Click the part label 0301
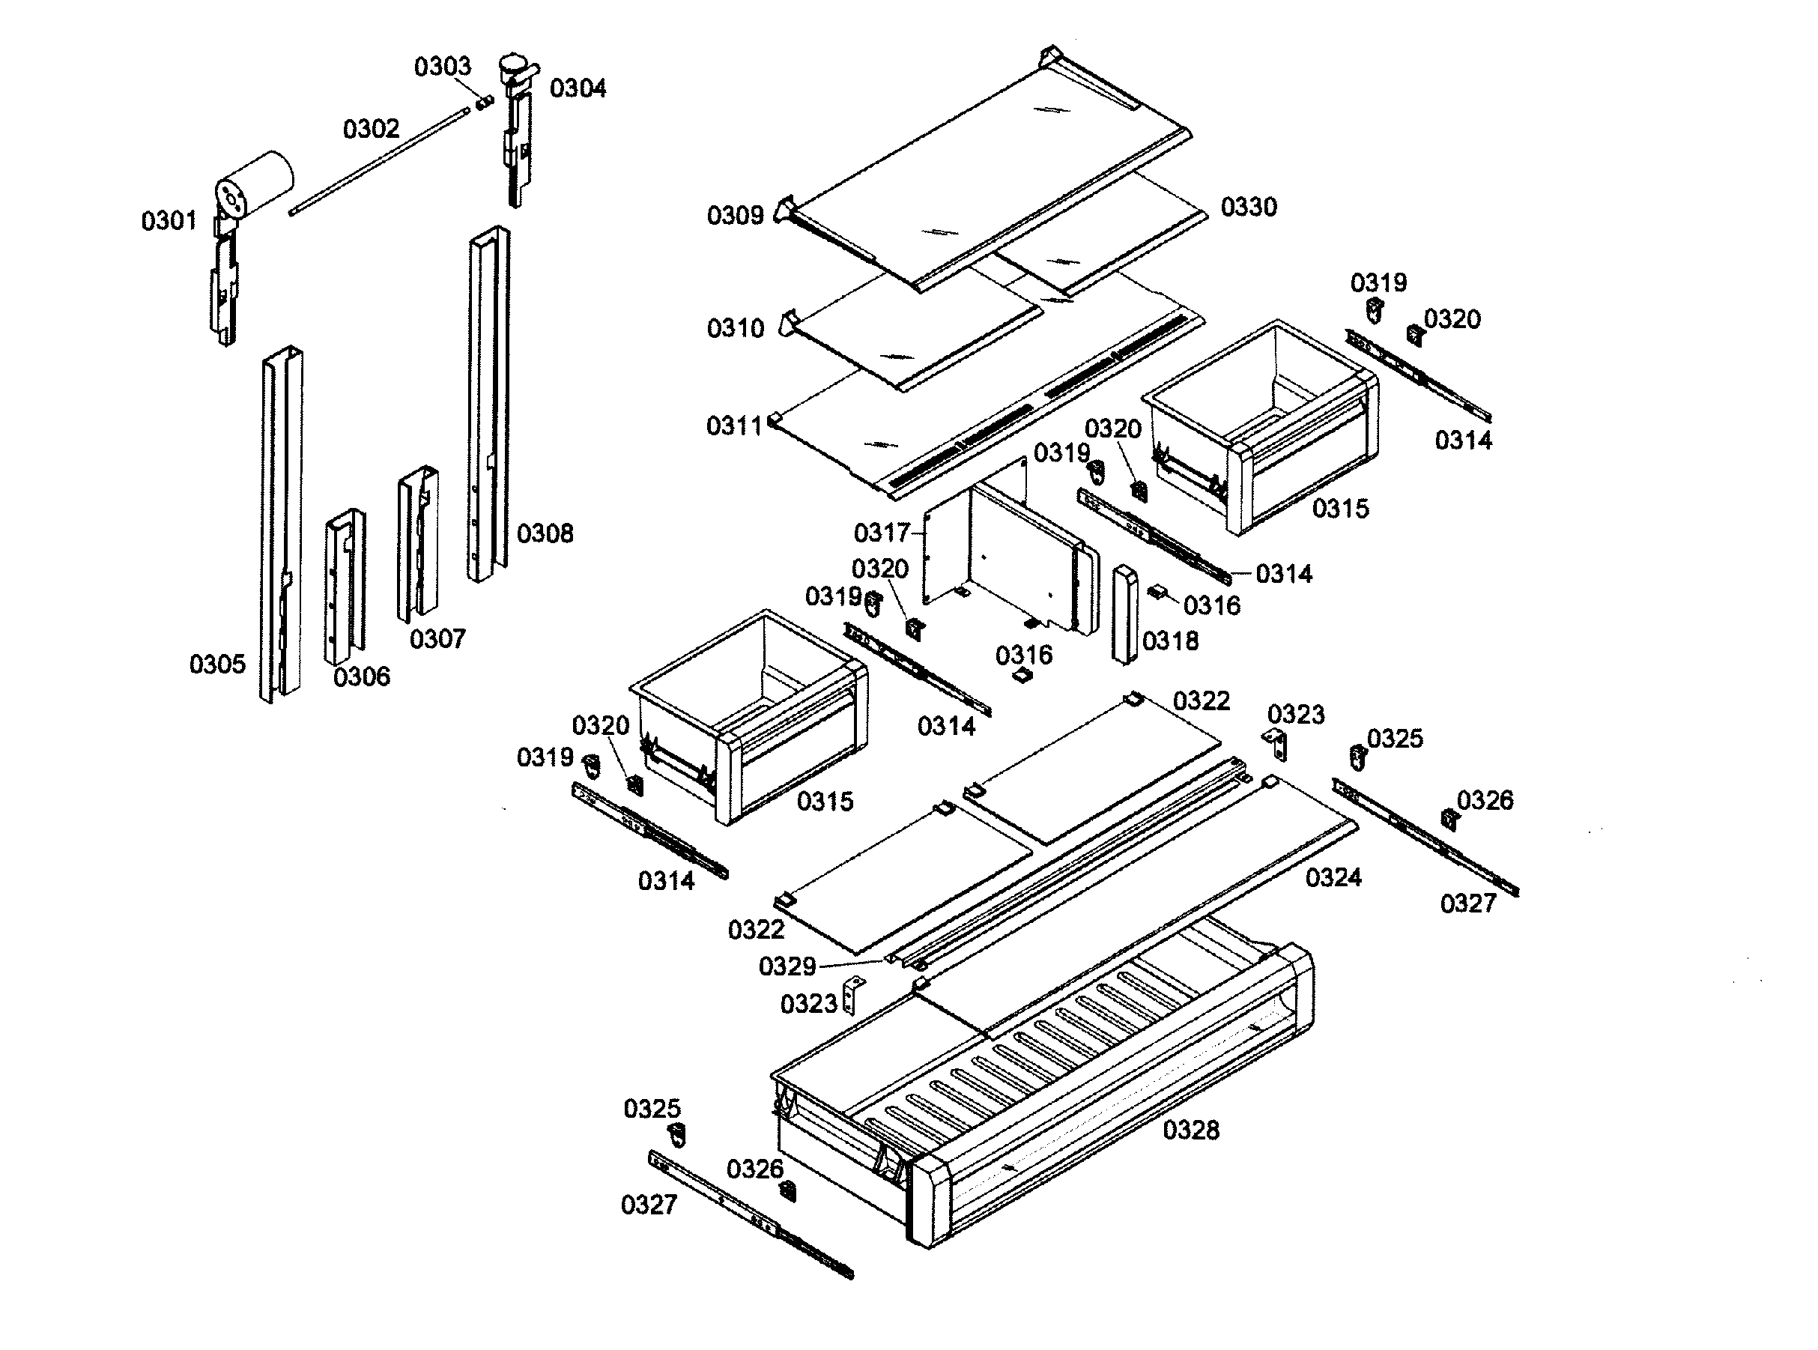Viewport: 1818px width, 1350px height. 169,221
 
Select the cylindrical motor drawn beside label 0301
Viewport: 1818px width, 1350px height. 255,181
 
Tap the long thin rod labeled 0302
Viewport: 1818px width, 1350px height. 384,163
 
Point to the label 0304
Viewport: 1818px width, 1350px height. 578,88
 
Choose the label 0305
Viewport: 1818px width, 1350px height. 217,665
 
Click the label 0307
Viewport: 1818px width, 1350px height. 437,639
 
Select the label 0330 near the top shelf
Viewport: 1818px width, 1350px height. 1249,207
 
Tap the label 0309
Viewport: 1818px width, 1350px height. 736,216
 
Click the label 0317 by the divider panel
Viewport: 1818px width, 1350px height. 881,533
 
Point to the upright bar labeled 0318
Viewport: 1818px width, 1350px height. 1125,613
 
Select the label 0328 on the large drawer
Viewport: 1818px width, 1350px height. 1190,1130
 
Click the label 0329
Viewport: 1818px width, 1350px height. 787,966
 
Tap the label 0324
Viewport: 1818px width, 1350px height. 1333,878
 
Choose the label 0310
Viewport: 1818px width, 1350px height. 736,329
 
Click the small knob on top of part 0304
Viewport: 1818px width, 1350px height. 513,63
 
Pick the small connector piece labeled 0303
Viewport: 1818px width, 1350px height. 485,103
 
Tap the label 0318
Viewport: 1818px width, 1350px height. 1170,641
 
